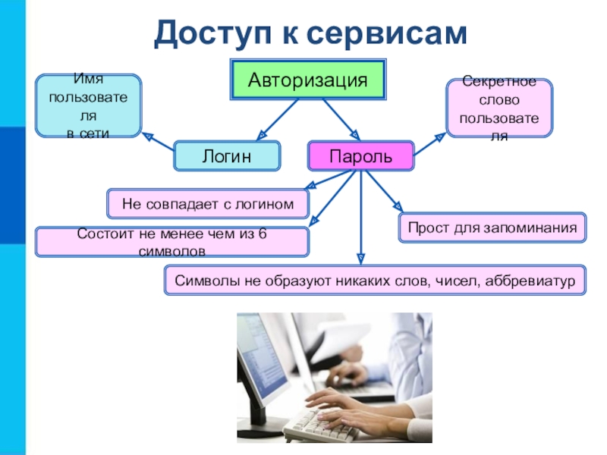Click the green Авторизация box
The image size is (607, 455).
tap(308, 80)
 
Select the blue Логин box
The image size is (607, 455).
tap(226, 156)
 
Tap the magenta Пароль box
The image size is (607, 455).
tap(360, 156)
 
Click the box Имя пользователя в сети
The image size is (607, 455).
tap(88, 106)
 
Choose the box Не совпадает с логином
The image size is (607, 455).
tap(207, 203)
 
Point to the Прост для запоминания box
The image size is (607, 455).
tap(492, 227)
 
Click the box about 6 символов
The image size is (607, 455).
tap(171, 241)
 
